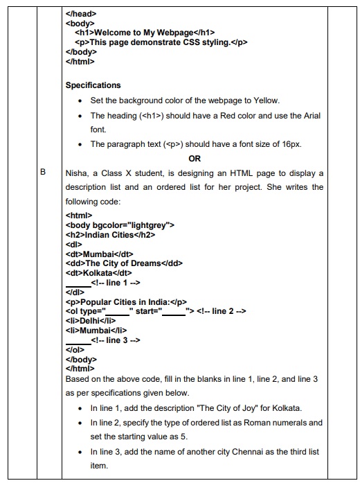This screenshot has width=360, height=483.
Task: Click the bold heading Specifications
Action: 93,85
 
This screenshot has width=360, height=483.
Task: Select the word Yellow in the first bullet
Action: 267,100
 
